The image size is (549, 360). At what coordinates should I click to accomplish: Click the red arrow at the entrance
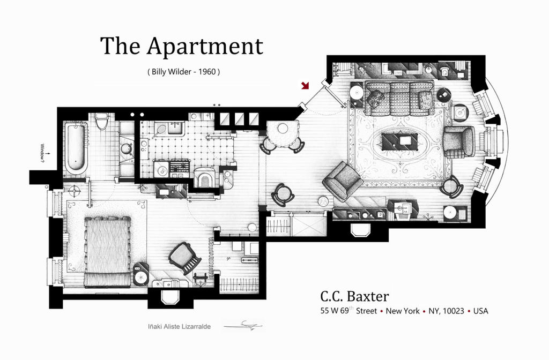(x=305, y=85)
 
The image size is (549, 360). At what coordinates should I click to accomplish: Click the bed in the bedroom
(x=107, y=252)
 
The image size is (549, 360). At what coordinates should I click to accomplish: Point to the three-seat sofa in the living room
(x=399, y=99)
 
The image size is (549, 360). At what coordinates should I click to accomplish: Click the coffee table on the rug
(x=400, y=141)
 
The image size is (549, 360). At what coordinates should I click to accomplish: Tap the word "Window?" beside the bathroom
(x=43, y=153)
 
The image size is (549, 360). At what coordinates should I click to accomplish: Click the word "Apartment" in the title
(x=205, y=47)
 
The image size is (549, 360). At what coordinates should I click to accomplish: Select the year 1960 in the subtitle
(x=207, y=72)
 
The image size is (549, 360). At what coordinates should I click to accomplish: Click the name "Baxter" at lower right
(x=367, y=296)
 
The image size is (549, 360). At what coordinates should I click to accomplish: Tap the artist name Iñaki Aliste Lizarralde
(x=179, y=326)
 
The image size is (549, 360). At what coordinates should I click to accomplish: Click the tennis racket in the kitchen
(x=159, y=131)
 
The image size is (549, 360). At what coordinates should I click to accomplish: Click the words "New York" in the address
(x=402, y=311)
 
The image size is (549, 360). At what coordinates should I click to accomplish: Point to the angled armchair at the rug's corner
(x=343, y=181)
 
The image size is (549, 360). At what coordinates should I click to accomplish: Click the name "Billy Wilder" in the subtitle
(x=172, y=72)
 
